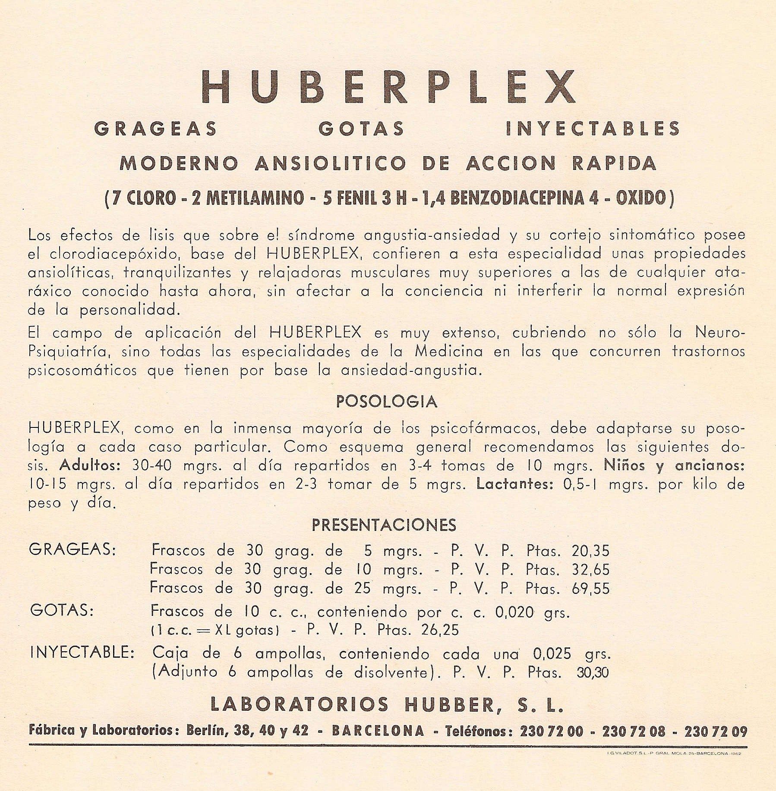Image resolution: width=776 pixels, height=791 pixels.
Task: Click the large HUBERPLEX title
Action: click(x=388, y=86)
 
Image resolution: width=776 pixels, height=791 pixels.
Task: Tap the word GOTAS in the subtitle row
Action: click(x=361, y=129)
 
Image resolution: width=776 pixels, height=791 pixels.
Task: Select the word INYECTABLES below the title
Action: click(x=593, y=129)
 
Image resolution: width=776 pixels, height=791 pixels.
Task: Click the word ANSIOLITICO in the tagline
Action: click(x=331, y=163)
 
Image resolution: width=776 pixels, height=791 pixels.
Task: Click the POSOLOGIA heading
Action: click(x=387, y=402)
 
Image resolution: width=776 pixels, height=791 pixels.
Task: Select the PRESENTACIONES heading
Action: click(x=384, y=525)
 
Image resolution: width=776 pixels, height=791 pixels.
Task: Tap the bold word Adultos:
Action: click(x=91, y=466)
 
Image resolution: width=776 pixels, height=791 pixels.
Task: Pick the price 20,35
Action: click(x=590, y=551)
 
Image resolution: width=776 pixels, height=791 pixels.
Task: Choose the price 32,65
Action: click(x=590, y=570)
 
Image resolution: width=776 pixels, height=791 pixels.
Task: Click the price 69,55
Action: click(x=590, y=588)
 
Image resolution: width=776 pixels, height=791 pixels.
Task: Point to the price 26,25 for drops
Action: click(x=439, y=630)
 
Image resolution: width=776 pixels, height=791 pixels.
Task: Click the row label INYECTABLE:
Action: click(x=82, y=653)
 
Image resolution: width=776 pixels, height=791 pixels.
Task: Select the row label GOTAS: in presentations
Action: click(x=62, y=611)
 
